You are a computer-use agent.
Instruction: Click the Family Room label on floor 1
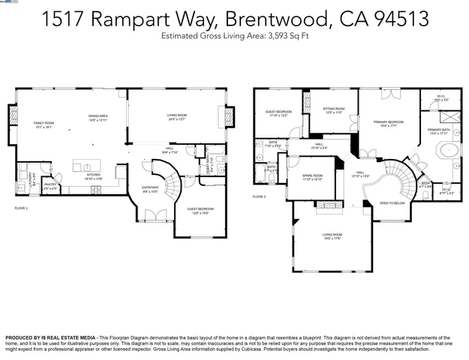[43, 124]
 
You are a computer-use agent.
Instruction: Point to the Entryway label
[151, 189]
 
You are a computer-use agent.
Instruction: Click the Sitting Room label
[333, 110]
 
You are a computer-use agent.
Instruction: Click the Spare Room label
[312, 178]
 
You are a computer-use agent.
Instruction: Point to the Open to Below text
[392, 203]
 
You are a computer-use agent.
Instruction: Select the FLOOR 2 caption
[259, 196]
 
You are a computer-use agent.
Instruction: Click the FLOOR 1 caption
[21, 207]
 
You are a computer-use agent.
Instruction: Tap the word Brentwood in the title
[254, 20]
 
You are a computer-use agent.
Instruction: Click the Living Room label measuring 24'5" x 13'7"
[177, 117]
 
